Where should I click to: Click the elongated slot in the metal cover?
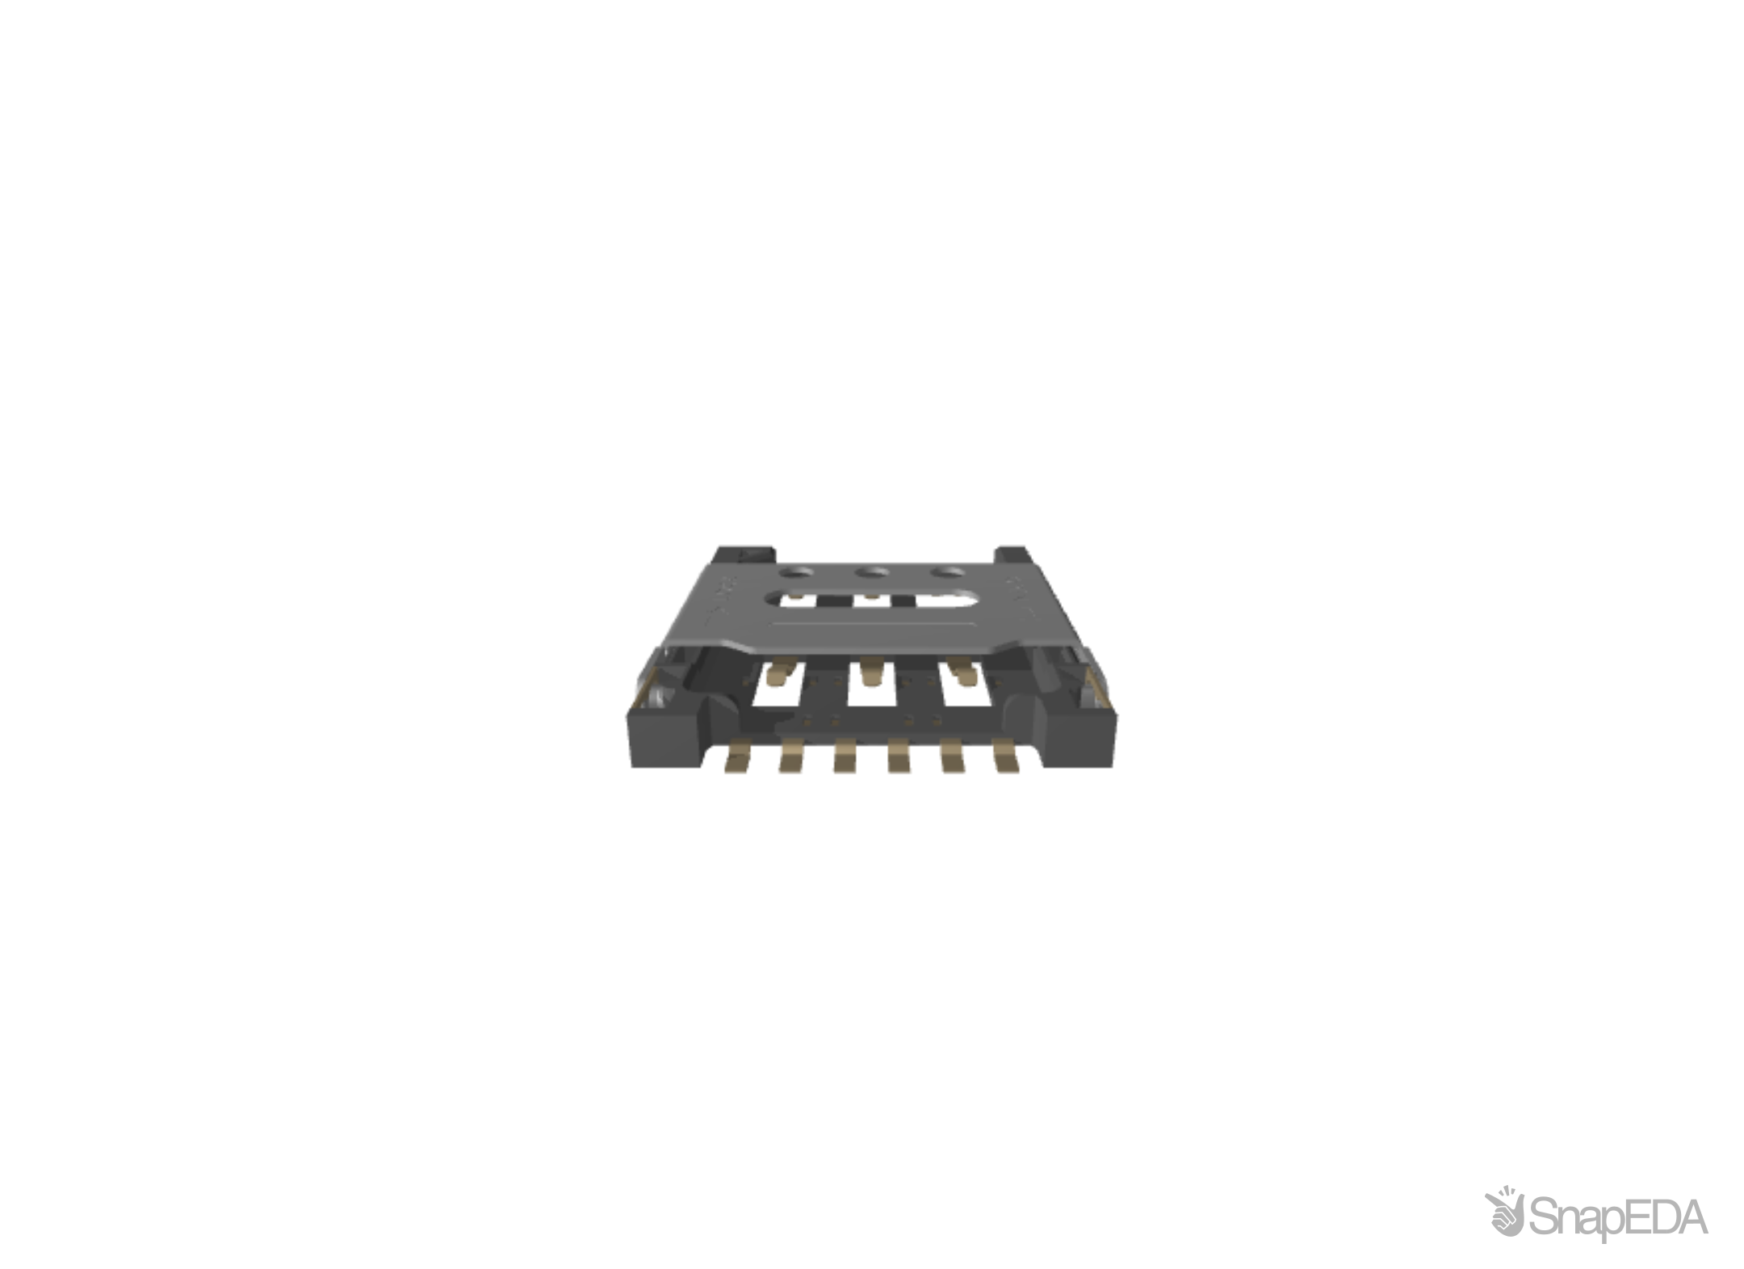pyautogui.click(x=873, y=599)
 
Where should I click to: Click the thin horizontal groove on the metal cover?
pyautogui.click(x=872, y=623)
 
